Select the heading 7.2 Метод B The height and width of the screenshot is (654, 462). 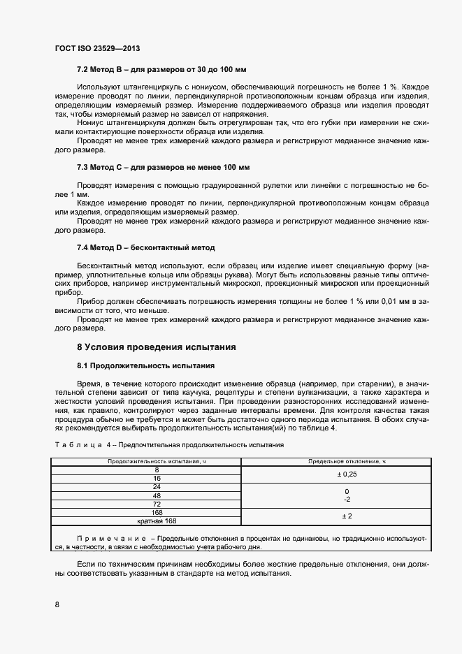tap(161, 70)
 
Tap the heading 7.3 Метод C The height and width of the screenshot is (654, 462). tap(163, 168)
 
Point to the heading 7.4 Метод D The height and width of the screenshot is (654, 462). tap(145, 248)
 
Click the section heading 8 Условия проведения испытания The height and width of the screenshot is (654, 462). tap(156, 347)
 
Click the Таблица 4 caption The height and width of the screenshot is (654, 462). tap(168, 444)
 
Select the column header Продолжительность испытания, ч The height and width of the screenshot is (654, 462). tap(147, 463)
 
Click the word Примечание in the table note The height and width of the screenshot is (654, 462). tap(110, 539)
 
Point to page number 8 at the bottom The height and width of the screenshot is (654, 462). tap(57, 604)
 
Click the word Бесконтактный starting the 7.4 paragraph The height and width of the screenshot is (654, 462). tap(103, 266)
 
